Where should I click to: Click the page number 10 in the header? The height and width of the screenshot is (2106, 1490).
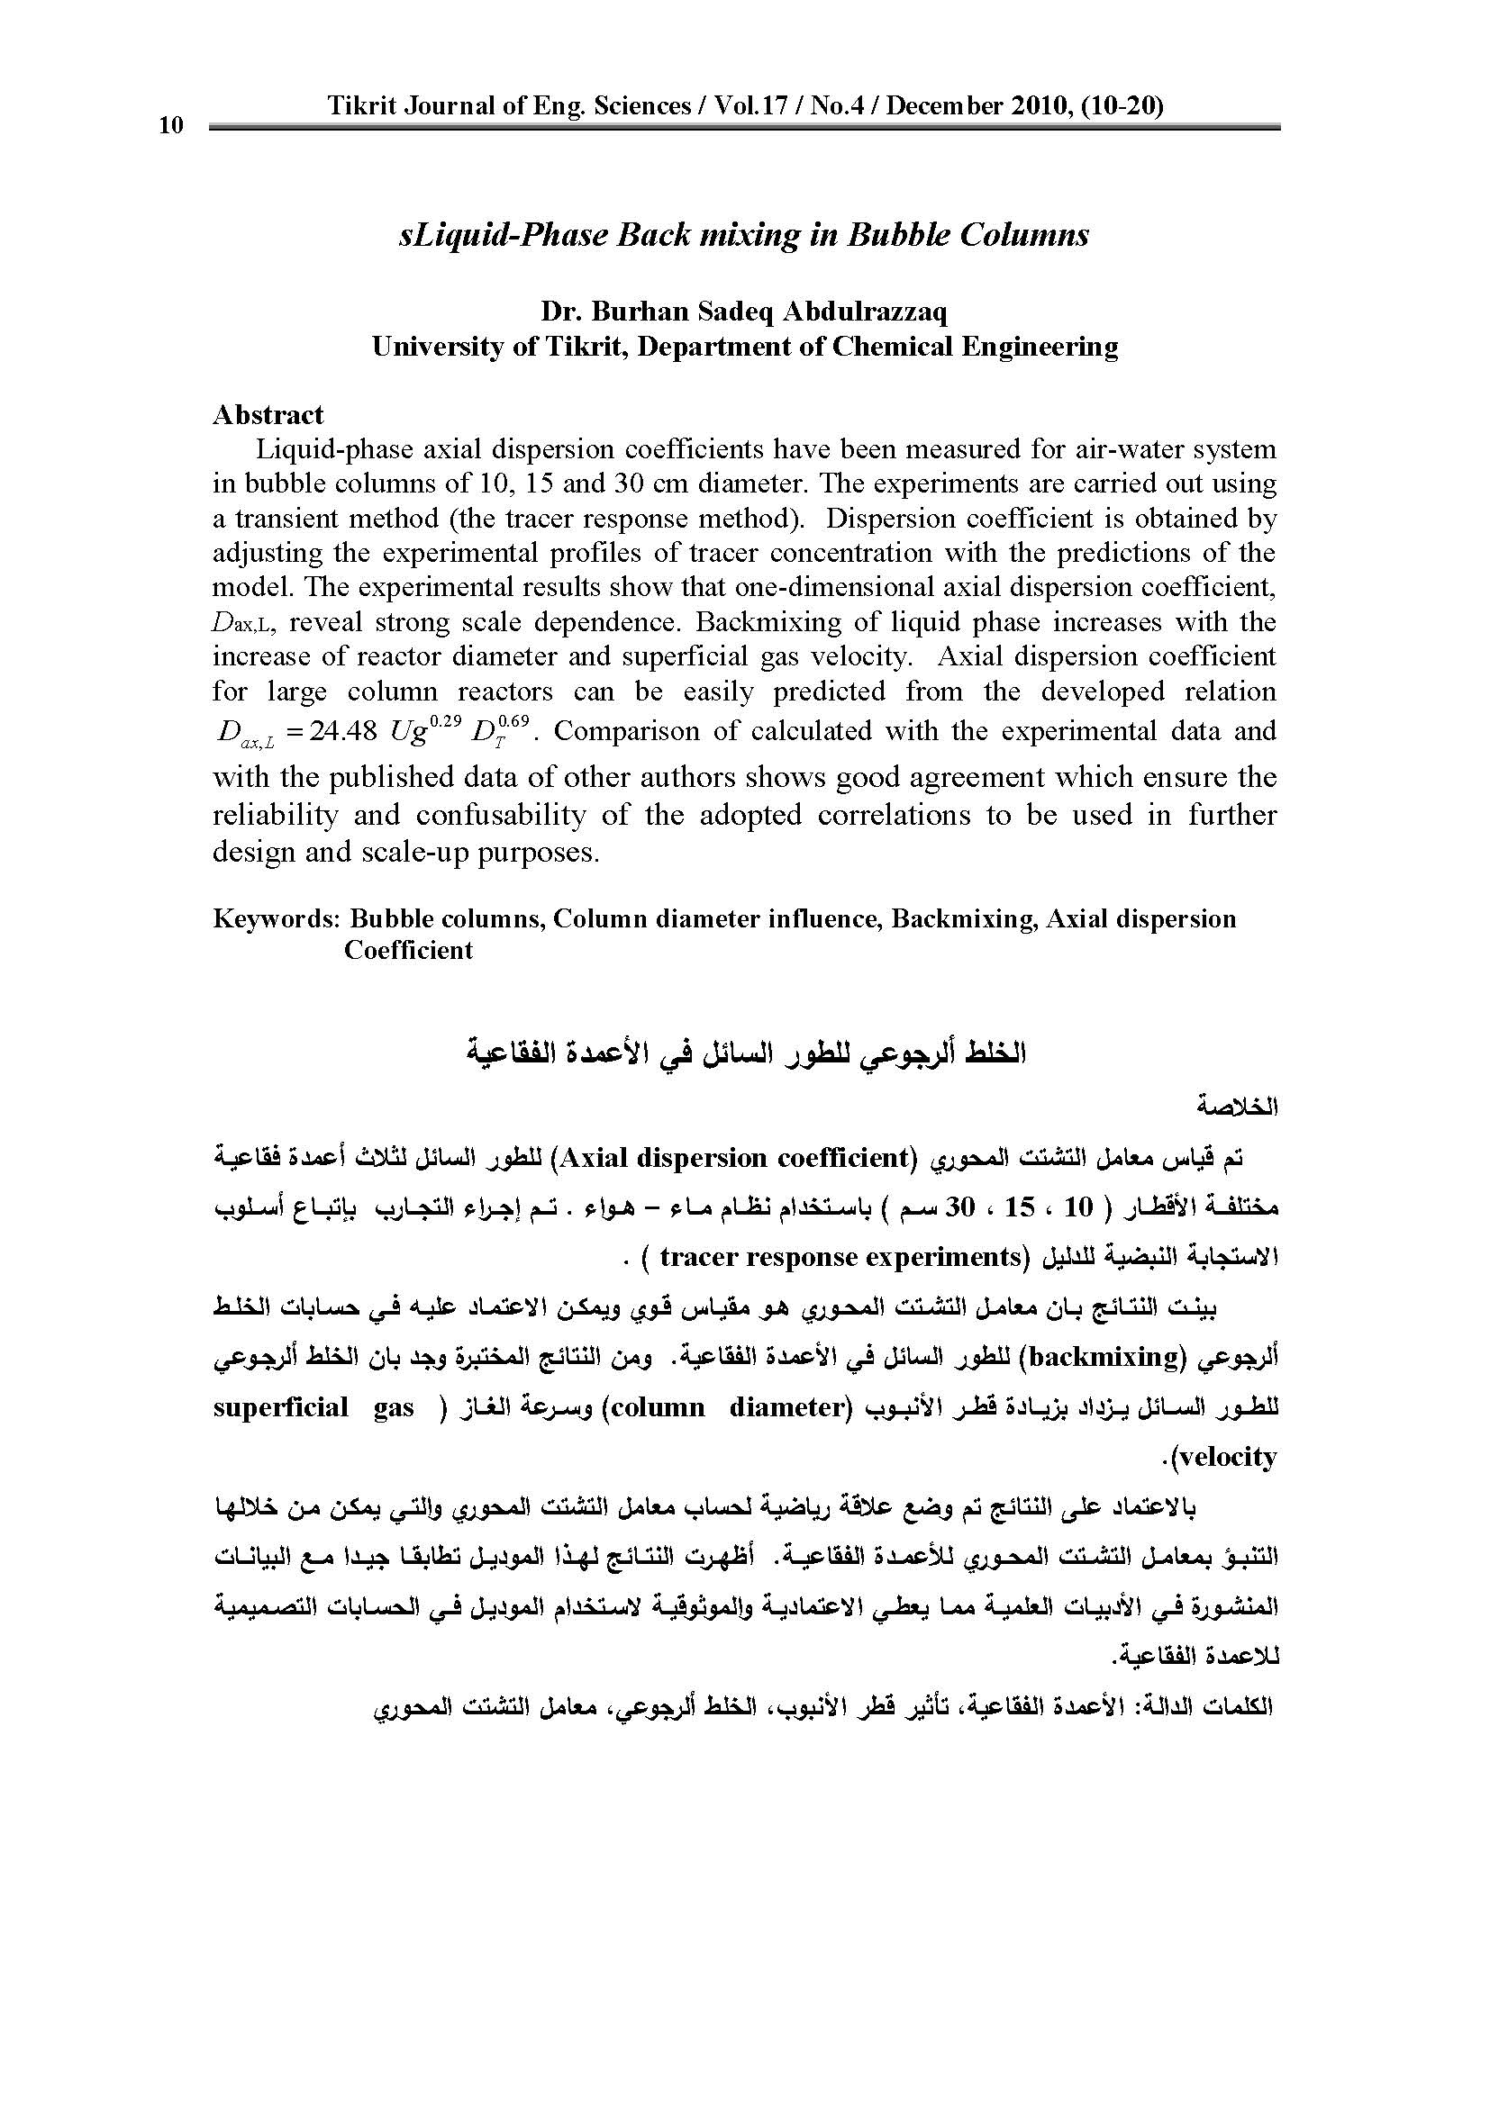[171, 126]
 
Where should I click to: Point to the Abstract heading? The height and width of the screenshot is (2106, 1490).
[268, 414]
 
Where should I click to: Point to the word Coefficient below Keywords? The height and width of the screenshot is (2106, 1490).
[408, 949]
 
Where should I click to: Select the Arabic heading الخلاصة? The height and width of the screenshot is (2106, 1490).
[1238, 1107]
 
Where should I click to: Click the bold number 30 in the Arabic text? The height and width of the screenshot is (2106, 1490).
[959, 1207]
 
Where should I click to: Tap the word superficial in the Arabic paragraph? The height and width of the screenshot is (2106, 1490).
[280, 1407]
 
